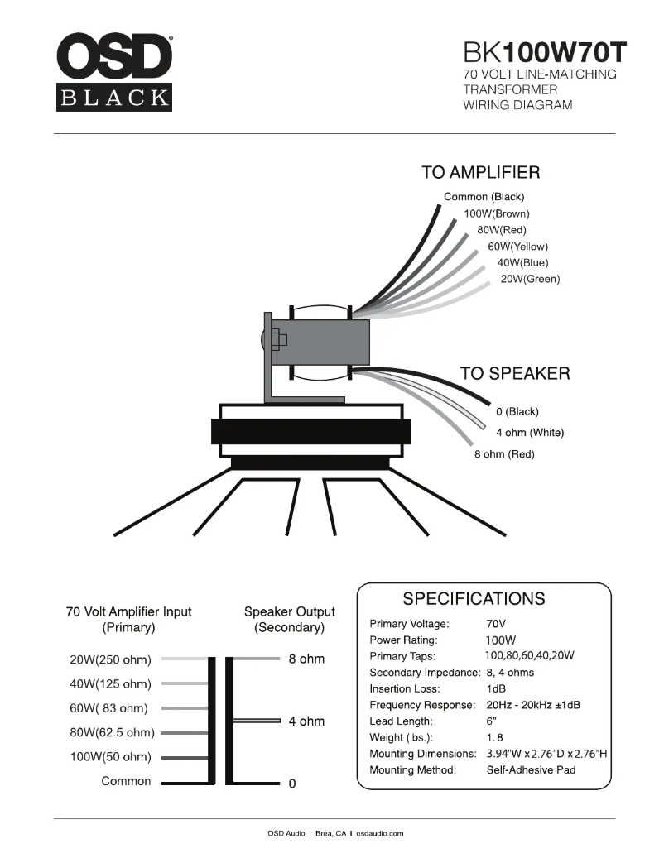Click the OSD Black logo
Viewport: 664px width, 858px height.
point(114,72)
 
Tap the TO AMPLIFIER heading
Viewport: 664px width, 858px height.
point(480,173)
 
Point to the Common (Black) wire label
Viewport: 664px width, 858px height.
point(484,197)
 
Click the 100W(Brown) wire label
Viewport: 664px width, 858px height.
point(496,213)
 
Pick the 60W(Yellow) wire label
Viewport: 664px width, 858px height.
point(517,247)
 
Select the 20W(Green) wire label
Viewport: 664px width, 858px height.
point(530,279)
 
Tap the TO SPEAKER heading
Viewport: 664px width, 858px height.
point(514,374)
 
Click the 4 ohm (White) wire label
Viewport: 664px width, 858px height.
point(530,433)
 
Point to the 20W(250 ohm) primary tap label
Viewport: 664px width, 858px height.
point(110,660)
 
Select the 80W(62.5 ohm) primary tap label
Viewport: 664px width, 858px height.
point(112,733)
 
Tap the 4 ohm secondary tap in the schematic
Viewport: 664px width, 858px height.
point(306,721)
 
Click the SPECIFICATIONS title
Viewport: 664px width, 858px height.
point(473,598)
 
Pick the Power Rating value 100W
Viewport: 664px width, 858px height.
point(500,640)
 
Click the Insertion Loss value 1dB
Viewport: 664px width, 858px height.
point(497,688)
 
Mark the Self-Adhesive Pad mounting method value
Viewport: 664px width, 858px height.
point(531,770)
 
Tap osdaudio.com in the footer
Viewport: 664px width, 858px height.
point(380,834)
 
